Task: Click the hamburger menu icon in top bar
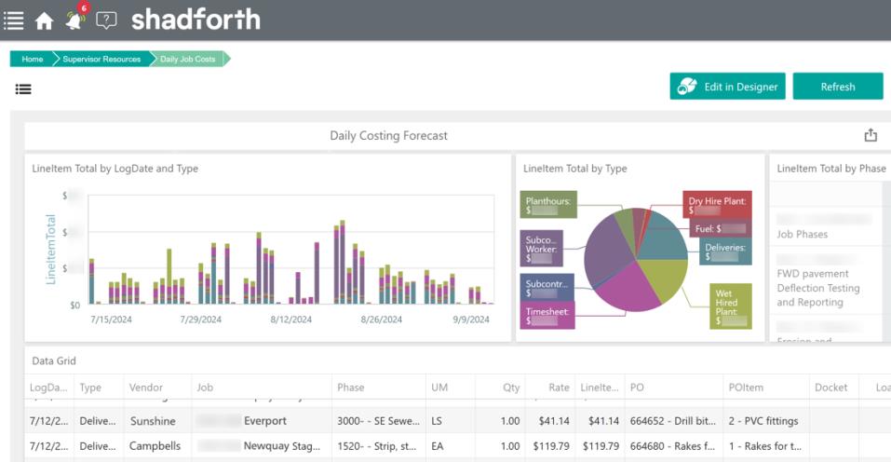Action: pyautogui.click(x=14, y=20)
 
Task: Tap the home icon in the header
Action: pyautogui.click(x=44, y=20)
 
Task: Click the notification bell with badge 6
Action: pyautogui.click(x=75, y=20)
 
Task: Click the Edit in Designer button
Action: pyautogui.click(x=727, y=87)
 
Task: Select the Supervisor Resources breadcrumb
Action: pyautogui.click(x=101, y=59)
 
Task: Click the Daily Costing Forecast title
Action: pyautogui.click(x=388, y=136)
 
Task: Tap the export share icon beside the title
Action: pyautogui.click(x=871, y=136)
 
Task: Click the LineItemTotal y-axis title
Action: pyautogui.click(x=51, y=249)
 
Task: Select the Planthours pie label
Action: pyautogui.click(x=547, y=205)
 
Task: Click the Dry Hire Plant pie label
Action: pyautogui.click(x=716, y=205)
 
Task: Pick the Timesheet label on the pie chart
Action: pyautogui.click(x=546, y=315)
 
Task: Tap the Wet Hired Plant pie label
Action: pyautogui.click(x=730, y=306)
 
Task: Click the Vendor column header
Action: pyautogui.click(x=144, y=387)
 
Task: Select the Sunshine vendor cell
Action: pyautogui.click(x=153, y=421)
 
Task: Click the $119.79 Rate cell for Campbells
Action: pyautogui.click(x=552, y=446)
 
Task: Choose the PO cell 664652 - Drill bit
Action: pyautogui.click(x=670, y=421)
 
